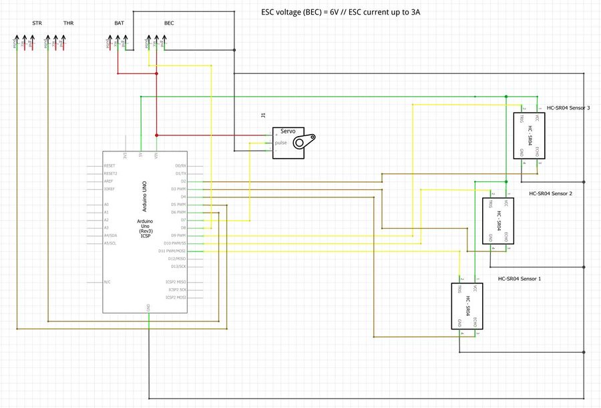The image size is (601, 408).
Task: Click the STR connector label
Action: coord(37,23)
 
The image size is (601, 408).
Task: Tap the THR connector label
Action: coord(68,23)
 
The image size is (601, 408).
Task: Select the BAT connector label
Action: coord(119,23)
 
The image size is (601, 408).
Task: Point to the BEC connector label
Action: coord(169,23)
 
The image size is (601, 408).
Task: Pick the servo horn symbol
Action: coord(309,141)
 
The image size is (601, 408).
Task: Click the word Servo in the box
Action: coord(288,131)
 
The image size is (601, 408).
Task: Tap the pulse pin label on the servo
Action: coord(281,143)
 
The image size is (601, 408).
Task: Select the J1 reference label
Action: coord(263,116)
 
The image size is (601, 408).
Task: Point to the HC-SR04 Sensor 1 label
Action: coord(520,279)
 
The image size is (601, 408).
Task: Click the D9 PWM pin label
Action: coord(178,236)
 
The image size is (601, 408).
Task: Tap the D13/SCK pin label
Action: coord(177,266)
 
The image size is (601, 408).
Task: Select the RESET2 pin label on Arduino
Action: coord(111,173)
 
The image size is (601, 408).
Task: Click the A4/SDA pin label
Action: coord(111,236)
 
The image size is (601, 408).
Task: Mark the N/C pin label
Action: coord(107,282)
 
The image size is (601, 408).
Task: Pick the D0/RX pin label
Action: coord(180,165)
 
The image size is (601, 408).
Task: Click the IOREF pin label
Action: coord(110,189)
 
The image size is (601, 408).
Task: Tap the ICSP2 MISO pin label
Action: coord(176,282)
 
